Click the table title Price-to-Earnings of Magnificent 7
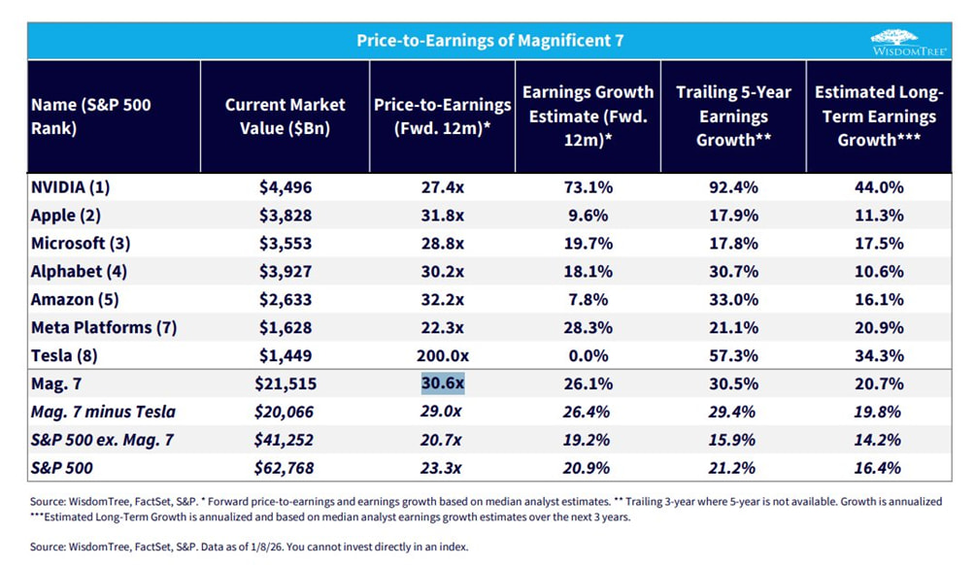489,41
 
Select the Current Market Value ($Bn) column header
285,116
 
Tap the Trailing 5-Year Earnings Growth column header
733,116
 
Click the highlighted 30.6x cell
443,383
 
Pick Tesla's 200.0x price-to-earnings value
443,355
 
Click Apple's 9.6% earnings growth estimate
588,216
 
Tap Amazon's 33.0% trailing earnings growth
733,300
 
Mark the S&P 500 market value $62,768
285,467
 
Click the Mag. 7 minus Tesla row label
105,412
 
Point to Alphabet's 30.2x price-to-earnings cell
443,272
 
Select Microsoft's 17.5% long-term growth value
879,244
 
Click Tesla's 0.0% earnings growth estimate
588,355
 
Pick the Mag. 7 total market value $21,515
285,383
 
